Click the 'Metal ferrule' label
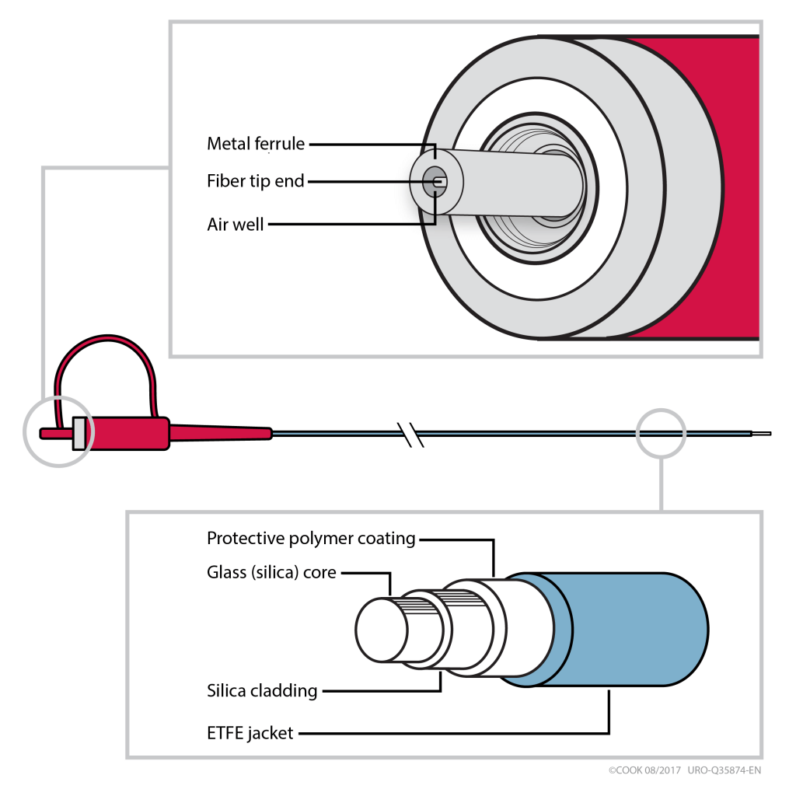pos(256,144)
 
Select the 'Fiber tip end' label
pos(256,181)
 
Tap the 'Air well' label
pos(236,225)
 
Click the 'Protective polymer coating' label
pos(311,539)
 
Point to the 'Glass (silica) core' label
pos(271,573)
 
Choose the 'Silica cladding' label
pos(262,690)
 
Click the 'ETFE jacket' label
pos(250,732)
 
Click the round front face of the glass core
pos(380,629)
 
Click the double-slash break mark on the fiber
pos(410,435)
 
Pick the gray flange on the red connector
pos(79,434)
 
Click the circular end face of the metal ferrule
pos(435,182)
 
